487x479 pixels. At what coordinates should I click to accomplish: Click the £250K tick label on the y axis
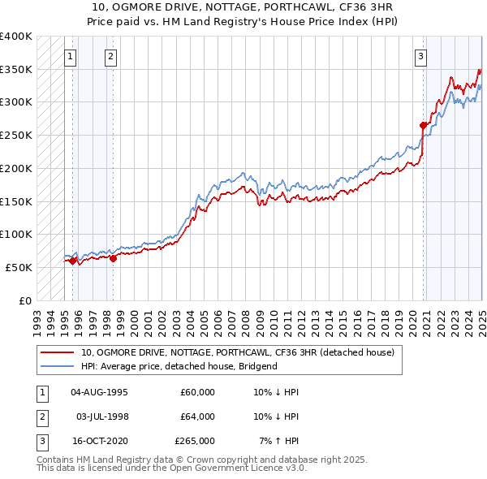coord(15,136)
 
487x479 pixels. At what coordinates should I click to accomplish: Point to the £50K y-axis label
coord(19,267)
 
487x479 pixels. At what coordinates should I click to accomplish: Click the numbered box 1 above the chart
coord(71,57)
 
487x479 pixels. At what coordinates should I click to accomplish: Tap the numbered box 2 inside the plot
coord(110,57)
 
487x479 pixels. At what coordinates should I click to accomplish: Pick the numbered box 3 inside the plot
coord(421,57)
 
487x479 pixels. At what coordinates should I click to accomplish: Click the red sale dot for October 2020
coord(423,125)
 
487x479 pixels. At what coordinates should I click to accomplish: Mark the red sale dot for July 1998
coord(113,258)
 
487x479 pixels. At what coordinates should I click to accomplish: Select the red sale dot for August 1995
coord(72,261)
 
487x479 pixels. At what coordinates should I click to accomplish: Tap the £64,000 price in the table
coord(197,416)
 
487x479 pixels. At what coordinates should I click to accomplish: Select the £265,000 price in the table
coord(195,441)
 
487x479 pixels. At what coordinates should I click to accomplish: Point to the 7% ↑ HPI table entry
coord(279,441)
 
